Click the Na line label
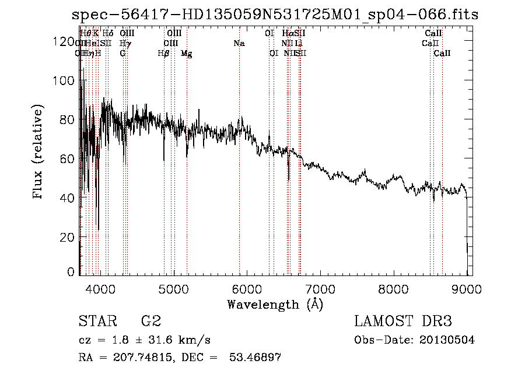tap(239, 43)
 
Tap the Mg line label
tap(186, 53)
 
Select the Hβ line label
tap(163, 53)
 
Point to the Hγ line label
tap(124, 43)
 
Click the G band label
tap(123, 53)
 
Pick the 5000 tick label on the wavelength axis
tap(173, 288)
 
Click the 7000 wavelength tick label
tap(320, 288)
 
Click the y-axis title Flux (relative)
tap(38, 153)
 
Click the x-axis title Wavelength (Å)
tap(275, 303)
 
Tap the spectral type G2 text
tap(151, 322)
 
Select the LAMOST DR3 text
tap(402, 322)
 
